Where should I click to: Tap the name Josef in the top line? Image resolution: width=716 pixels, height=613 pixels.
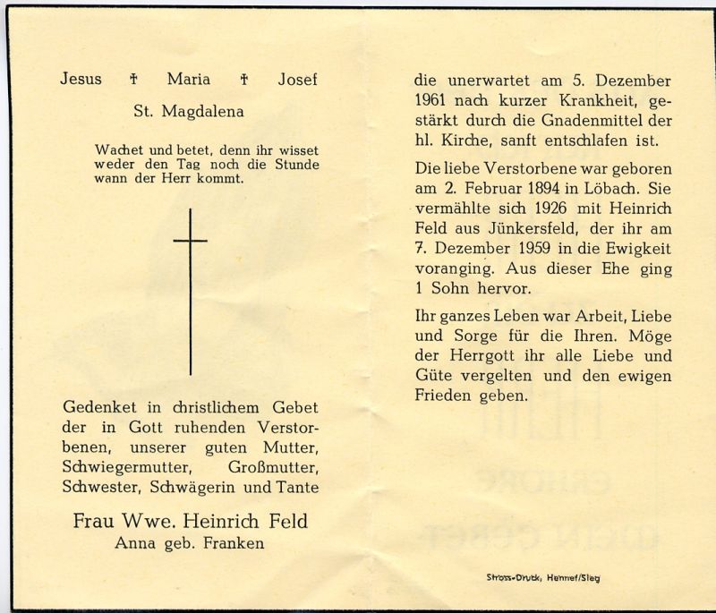coord(297,80)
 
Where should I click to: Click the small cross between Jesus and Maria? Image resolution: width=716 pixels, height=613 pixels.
coord(133,80)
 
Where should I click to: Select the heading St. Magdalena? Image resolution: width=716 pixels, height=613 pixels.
coord(187,112)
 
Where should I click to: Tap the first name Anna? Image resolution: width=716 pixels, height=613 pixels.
coord(133,542)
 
